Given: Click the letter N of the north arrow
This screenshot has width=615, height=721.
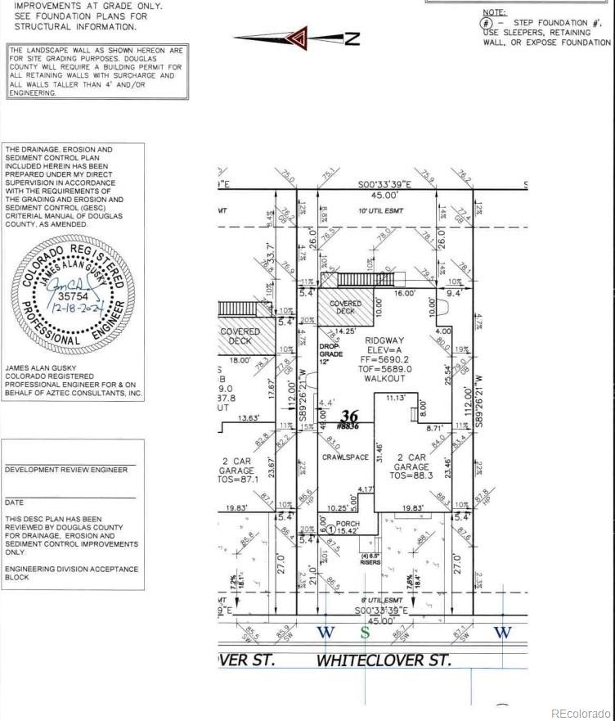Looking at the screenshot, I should pos(352,38).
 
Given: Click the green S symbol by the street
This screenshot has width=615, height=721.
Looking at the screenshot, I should pos(366,632).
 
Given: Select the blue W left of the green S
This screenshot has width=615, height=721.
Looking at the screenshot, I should pos(326,632).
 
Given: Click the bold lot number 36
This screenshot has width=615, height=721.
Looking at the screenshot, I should pos(350,415).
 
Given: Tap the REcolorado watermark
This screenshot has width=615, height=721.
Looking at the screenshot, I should pos(580,712).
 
